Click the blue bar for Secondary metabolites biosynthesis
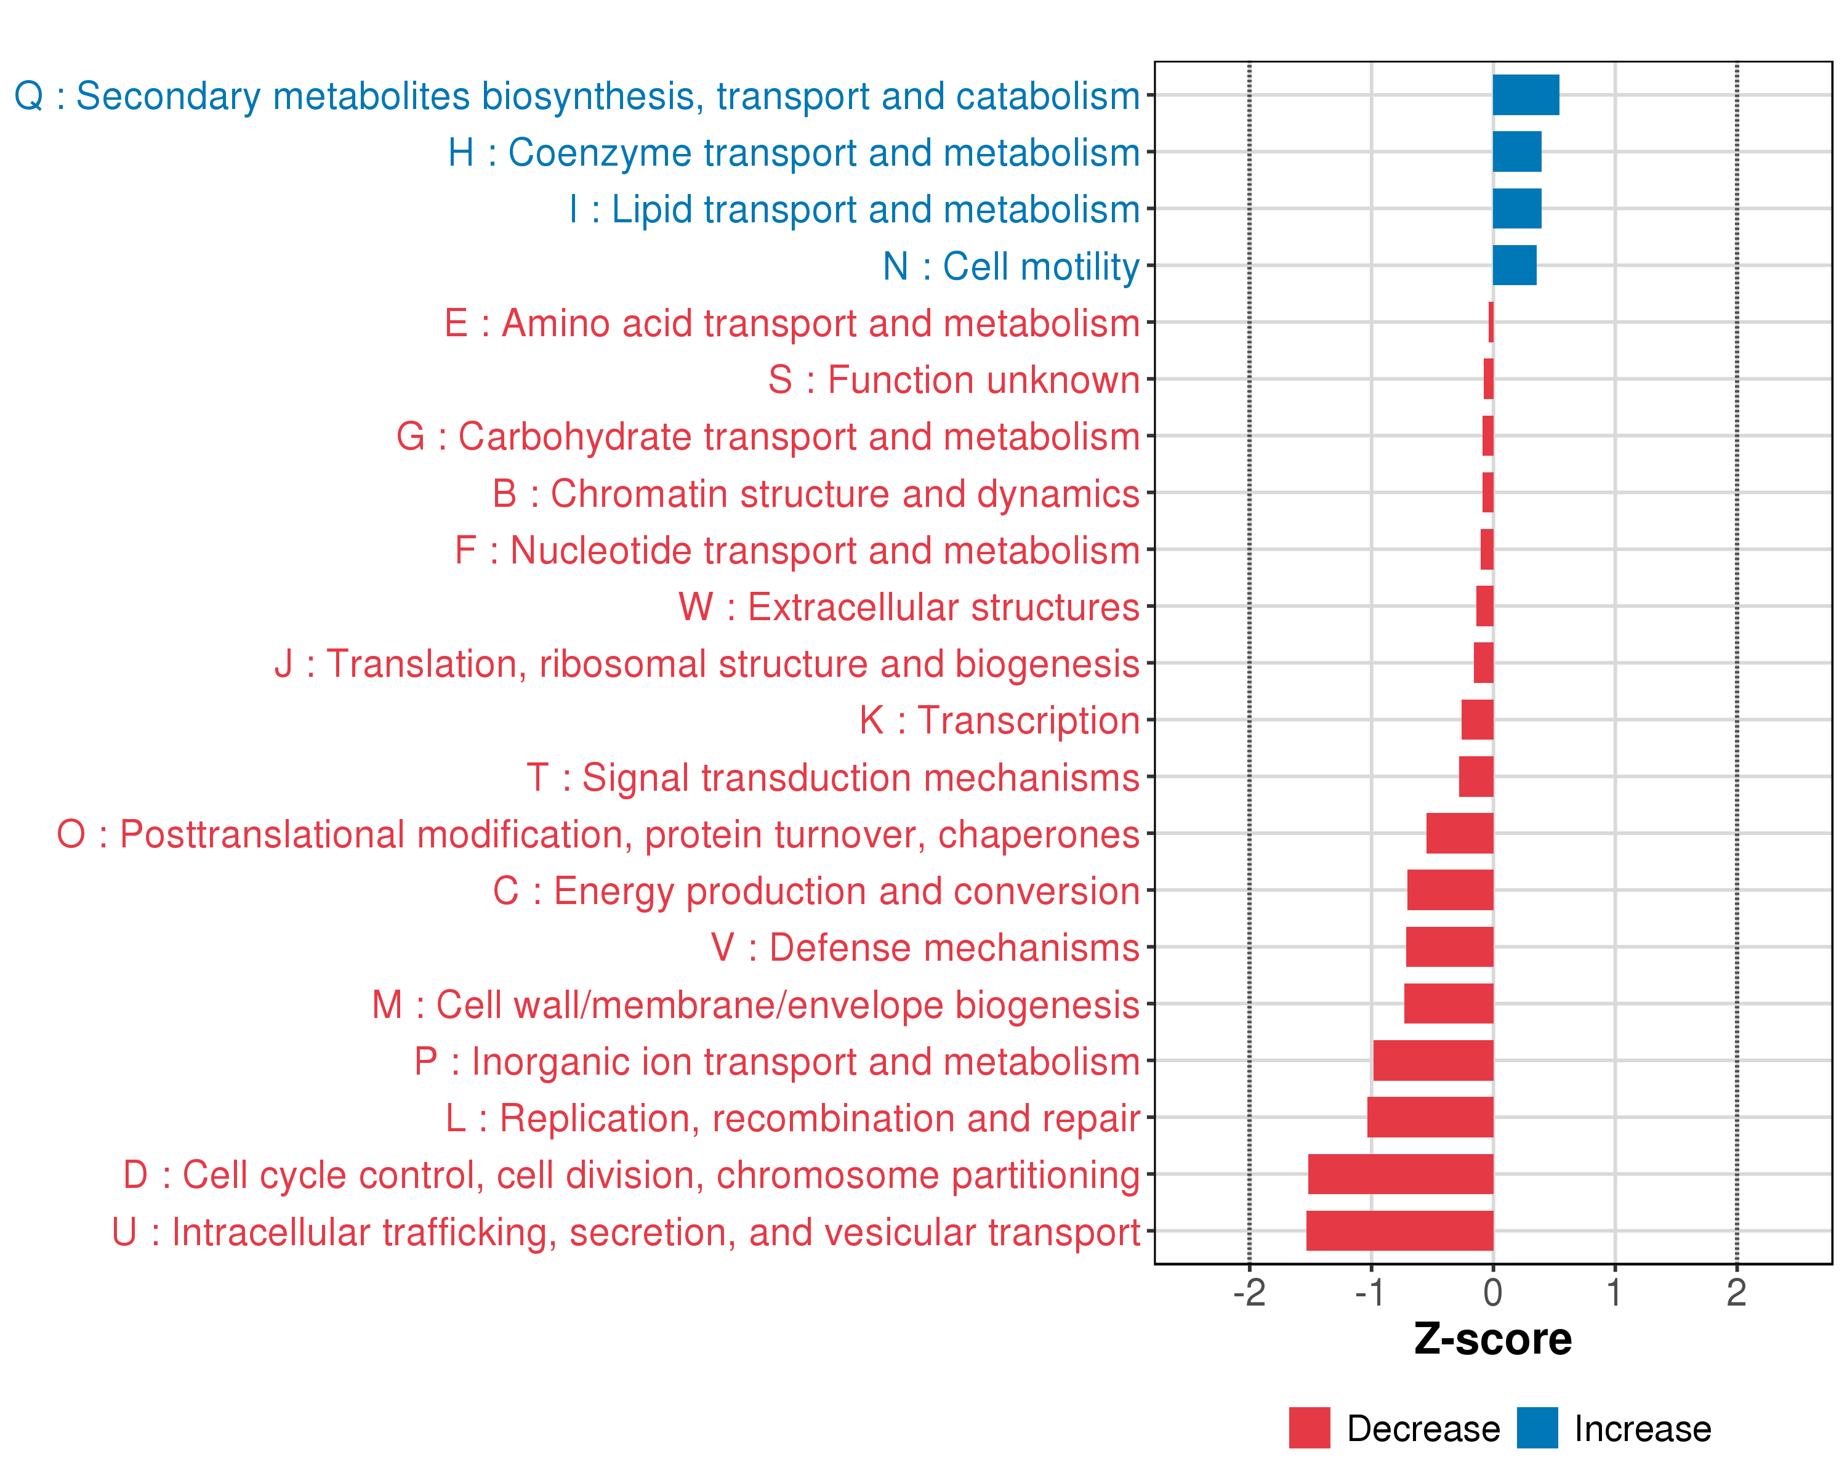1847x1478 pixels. [1525, 95]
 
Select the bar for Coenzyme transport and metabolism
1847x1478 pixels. [1516, 151]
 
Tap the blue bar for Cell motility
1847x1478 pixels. [1514, 265]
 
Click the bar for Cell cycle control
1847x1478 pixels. [1400, 1174]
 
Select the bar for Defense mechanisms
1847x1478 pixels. [1449, 947]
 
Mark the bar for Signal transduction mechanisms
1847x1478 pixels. [1475, 777]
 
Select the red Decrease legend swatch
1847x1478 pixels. [1309, 1428]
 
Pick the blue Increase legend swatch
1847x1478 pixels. [1537, 1428]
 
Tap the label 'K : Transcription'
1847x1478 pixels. [999, 721]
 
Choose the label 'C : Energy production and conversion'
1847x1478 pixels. [816, 891]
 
